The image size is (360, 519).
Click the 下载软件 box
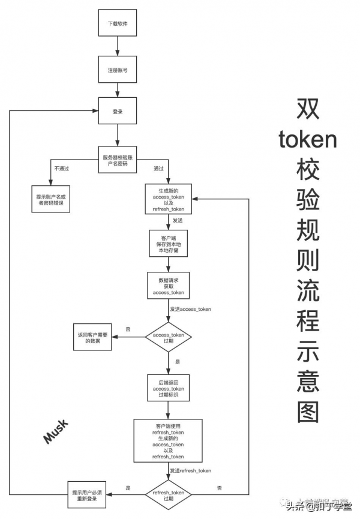coord(117,24)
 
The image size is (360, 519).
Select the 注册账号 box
coord(117,70)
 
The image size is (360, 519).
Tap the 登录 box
coord(117,112)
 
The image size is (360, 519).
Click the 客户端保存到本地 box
coord(168,244)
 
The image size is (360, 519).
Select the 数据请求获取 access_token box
coord(168,285)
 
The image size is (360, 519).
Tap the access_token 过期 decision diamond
coord(169,337)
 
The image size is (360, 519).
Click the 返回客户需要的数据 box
coord(93,337)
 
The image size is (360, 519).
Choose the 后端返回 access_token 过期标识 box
coord(168,389)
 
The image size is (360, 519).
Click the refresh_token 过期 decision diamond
coord(168,495)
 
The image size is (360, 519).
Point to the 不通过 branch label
coord(62,169)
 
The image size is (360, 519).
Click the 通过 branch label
coord(158,169)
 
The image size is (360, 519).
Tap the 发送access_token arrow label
coord(190,308)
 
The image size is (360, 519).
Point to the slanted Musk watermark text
coord(56,431)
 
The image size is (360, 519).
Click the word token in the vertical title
coord(308,140)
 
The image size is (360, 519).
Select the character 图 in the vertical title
coord(308,411)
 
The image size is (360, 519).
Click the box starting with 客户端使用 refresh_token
coord(168,440)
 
